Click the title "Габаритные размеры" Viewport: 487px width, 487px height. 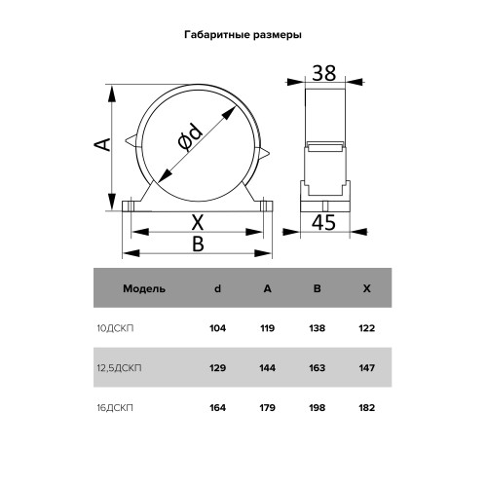tap(243, 35)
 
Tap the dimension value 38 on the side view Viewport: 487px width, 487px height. tap(324, 73)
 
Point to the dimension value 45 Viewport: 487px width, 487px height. tap(323, 223)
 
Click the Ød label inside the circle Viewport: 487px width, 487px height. tap(191, 136)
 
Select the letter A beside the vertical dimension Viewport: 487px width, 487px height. tap(102, 144)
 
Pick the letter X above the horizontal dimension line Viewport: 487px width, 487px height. tap(198, 222)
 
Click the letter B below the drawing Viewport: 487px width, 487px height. tap(198, 243)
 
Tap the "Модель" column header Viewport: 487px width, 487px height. tap(144, 288)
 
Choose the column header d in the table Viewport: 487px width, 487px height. tap(217, 288)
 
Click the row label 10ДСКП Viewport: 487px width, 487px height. tap(115, 328)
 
